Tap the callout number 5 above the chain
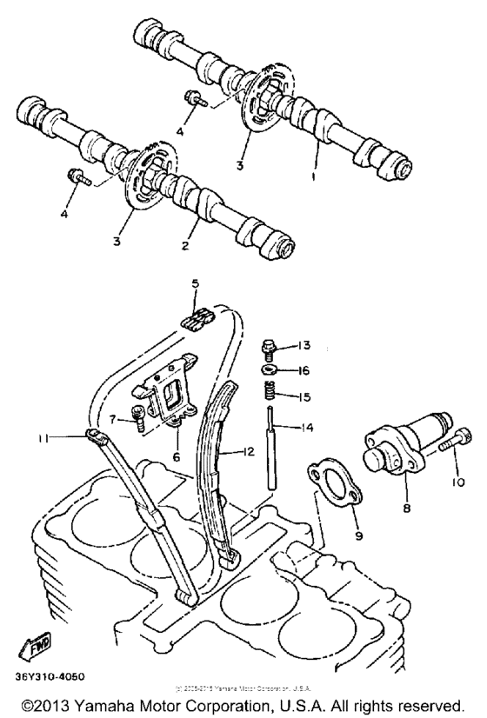click(x=196, y=283)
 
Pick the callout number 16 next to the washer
click(x=304, y=369)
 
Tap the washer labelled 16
click(x=270, y=369)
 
